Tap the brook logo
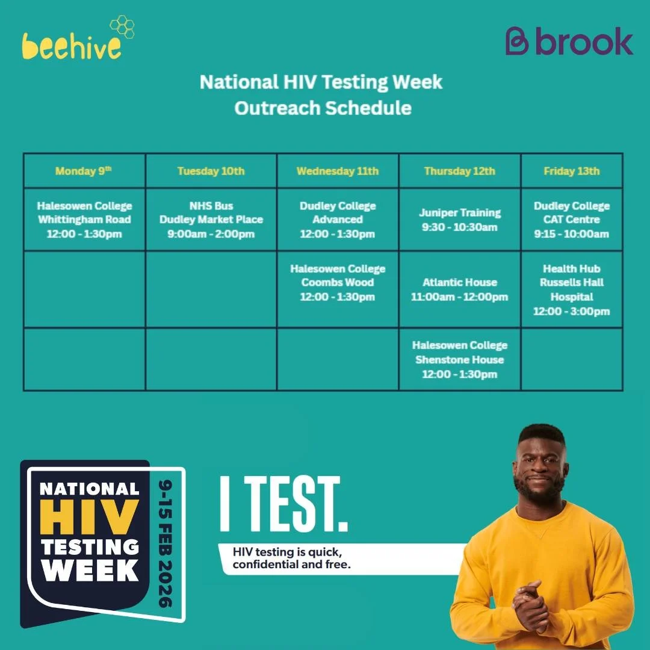[x=569, y=42]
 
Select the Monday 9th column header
[x=84, y=171]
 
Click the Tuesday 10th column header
[x=211, y=171]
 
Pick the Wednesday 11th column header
[x=338, y=171]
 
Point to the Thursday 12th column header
[x=460, y=171]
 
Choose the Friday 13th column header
[x=572, y=171]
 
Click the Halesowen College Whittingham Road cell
[x=84, y=220]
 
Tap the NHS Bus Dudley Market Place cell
[x=211, y=220]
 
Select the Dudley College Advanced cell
[x=338, y=220]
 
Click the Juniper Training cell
[x=460, y=220]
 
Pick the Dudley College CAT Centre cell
[x=572, y=220]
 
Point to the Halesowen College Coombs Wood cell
[x=338, y=283]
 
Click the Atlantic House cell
[x=460, y=289]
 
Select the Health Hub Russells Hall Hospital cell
[x=572, y=289]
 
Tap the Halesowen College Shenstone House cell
[x=460, y=359]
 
